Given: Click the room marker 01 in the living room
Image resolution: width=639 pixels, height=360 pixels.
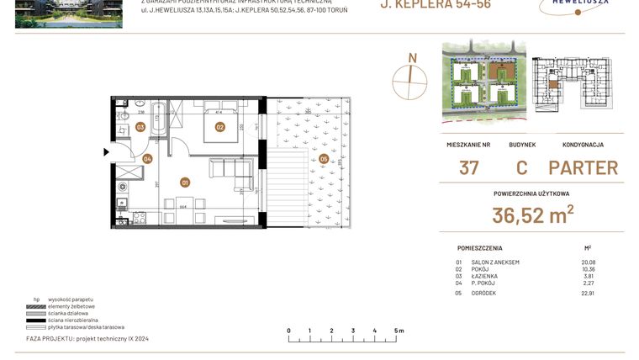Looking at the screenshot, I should (x=185, y=181).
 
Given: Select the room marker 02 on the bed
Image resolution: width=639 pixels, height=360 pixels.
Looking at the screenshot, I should (x=219, y=127).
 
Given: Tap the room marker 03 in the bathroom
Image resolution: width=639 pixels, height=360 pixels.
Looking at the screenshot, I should (x=140, y=128).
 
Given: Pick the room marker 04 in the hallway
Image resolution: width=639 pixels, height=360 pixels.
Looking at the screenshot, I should (x=147, y=158).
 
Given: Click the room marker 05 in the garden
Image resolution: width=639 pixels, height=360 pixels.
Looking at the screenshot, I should (x=324, y=158).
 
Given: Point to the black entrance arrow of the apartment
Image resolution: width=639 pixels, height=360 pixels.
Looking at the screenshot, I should (x=106, y=152).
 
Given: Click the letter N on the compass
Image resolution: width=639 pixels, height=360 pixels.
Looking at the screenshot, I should (x=412, y=58).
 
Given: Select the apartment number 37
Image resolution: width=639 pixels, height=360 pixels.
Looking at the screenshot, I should (x=468, y=167).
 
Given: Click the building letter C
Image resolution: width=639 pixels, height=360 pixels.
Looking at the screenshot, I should (x=521, y=167).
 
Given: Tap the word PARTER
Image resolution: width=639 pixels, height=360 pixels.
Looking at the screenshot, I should (x=583, y=167).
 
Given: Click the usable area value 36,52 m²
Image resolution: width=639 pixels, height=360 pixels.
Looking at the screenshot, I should (x=532, y=215).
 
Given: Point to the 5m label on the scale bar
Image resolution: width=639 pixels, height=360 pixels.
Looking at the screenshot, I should (x=399, y=331).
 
